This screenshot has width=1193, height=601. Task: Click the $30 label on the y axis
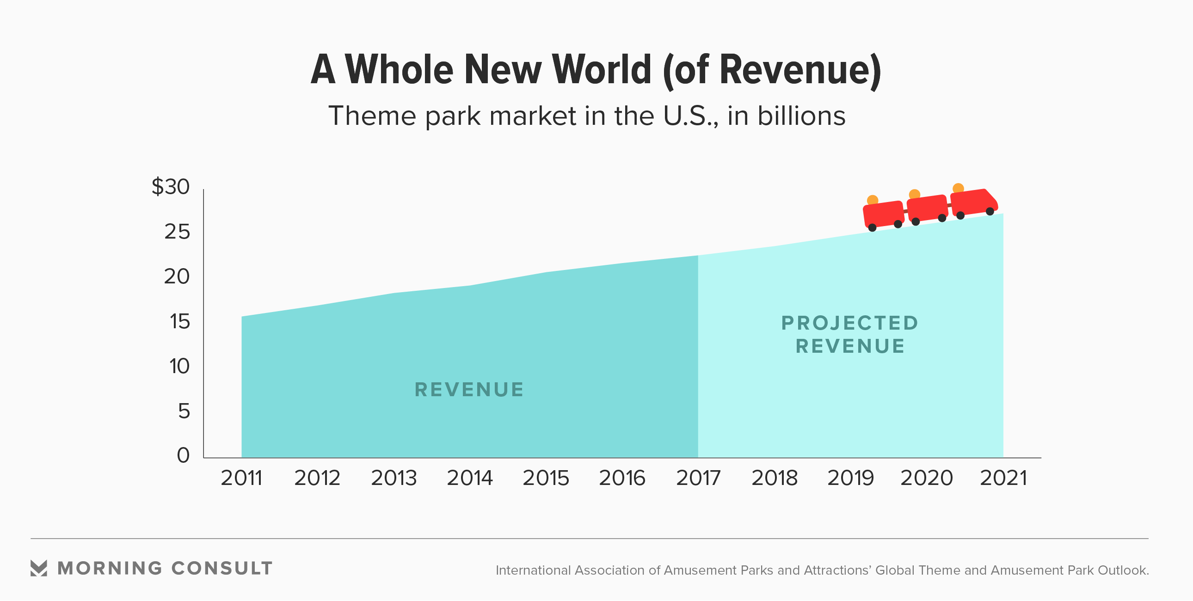tap(171, 187)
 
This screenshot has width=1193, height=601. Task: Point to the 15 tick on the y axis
tap(179, 321)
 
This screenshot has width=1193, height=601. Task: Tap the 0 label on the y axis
tap(184, 455)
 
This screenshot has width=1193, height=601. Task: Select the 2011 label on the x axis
tap(241, 478)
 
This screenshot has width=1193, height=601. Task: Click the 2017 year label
tap(698, 478)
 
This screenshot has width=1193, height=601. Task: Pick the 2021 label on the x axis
tap(1003, 478)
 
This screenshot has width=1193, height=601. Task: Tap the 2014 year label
tap(470, 478)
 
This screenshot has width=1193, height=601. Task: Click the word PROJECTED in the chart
tap(849, 323)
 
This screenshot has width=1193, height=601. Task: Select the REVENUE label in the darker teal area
tap(469, 389)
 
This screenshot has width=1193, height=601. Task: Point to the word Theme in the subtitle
tap(372, 116)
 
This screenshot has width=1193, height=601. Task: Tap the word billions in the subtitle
tap(801, 116)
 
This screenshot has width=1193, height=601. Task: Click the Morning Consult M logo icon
tap(38, 568)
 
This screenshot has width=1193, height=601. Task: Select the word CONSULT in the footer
tap(222, 568)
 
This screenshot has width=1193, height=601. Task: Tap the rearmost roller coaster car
tap(883, 214)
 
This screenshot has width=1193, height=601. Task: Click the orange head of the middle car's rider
tap(914, 195)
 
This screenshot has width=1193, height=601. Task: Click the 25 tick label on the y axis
tap(177, 232)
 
